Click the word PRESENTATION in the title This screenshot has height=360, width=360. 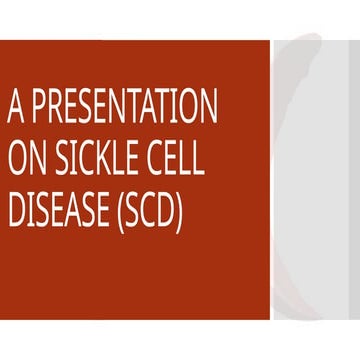click(x=123, y=105)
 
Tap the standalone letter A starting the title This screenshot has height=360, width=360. click(x=15, y=105)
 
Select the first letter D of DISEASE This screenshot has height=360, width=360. click(x=16, y=211)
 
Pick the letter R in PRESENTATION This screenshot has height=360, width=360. click(x=59, y=105)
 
